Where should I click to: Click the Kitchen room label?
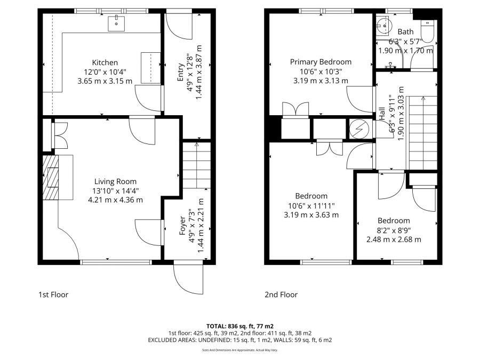click(105, 62)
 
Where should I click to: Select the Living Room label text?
click(116, 181)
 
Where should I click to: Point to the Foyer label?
click(182, 226)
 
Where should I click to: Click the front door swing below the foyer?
click(188, 277)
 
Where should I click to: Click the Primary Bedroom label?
click(321, 62)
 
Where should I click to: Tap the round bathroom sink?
click(382, 24)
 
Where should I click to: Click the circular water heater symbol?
click(356, 129)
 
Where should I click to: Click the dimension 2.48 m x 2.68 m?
click(394, 239)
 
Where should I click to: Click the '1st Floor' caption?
click(53, 294)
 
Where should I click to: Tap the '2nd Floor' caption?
click(281, 294)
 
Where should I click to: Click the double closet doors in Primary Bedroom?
click(294, 109)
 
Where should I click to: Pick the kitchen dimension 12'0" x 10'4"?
click(105, 72)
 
